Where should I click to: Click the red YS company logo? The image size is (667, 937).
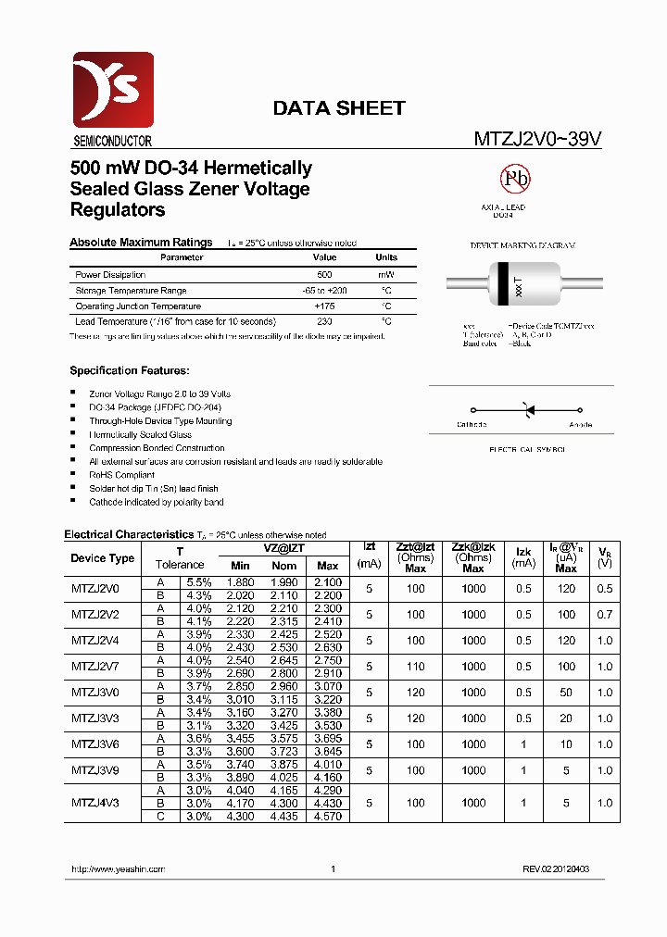click(112, 90)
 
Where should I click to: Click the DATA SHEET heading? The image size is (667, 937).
click(338, 108)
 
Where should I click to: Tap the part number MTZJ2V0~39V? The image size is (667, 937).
click(538, 139)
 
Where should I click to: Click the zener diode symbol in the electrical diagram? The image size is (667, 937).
click(529, 408)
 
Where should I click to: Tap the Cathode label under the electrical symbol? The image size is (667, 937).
click(472, 425)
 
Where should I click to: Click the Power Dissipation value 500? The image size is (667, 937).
click(324, 275)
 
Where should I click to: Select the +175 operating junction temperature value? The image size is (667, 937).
click(324, 306)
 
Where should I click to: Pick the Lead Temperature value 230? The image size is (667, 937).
click(324, 321)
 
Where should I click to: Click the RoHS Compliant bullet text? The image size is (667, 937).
click(121, 475)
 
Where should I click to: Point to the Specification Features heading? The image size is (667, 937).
click(130, 370)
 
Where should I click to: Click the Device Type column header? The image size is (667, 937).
click(102, 558)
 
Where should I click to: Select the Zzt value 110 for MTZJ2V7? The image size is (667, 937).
click(415, 667)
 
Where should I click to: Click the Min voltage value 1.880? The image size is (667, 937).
click(240, 581)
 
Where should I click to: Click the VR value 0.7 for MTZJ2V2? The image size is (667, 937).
click(605, 615)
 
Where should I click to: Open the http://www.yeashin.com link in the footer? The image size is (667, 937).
click(118, 869)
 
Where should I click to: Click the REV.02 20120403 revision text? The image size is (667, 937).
click(556, 869)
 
